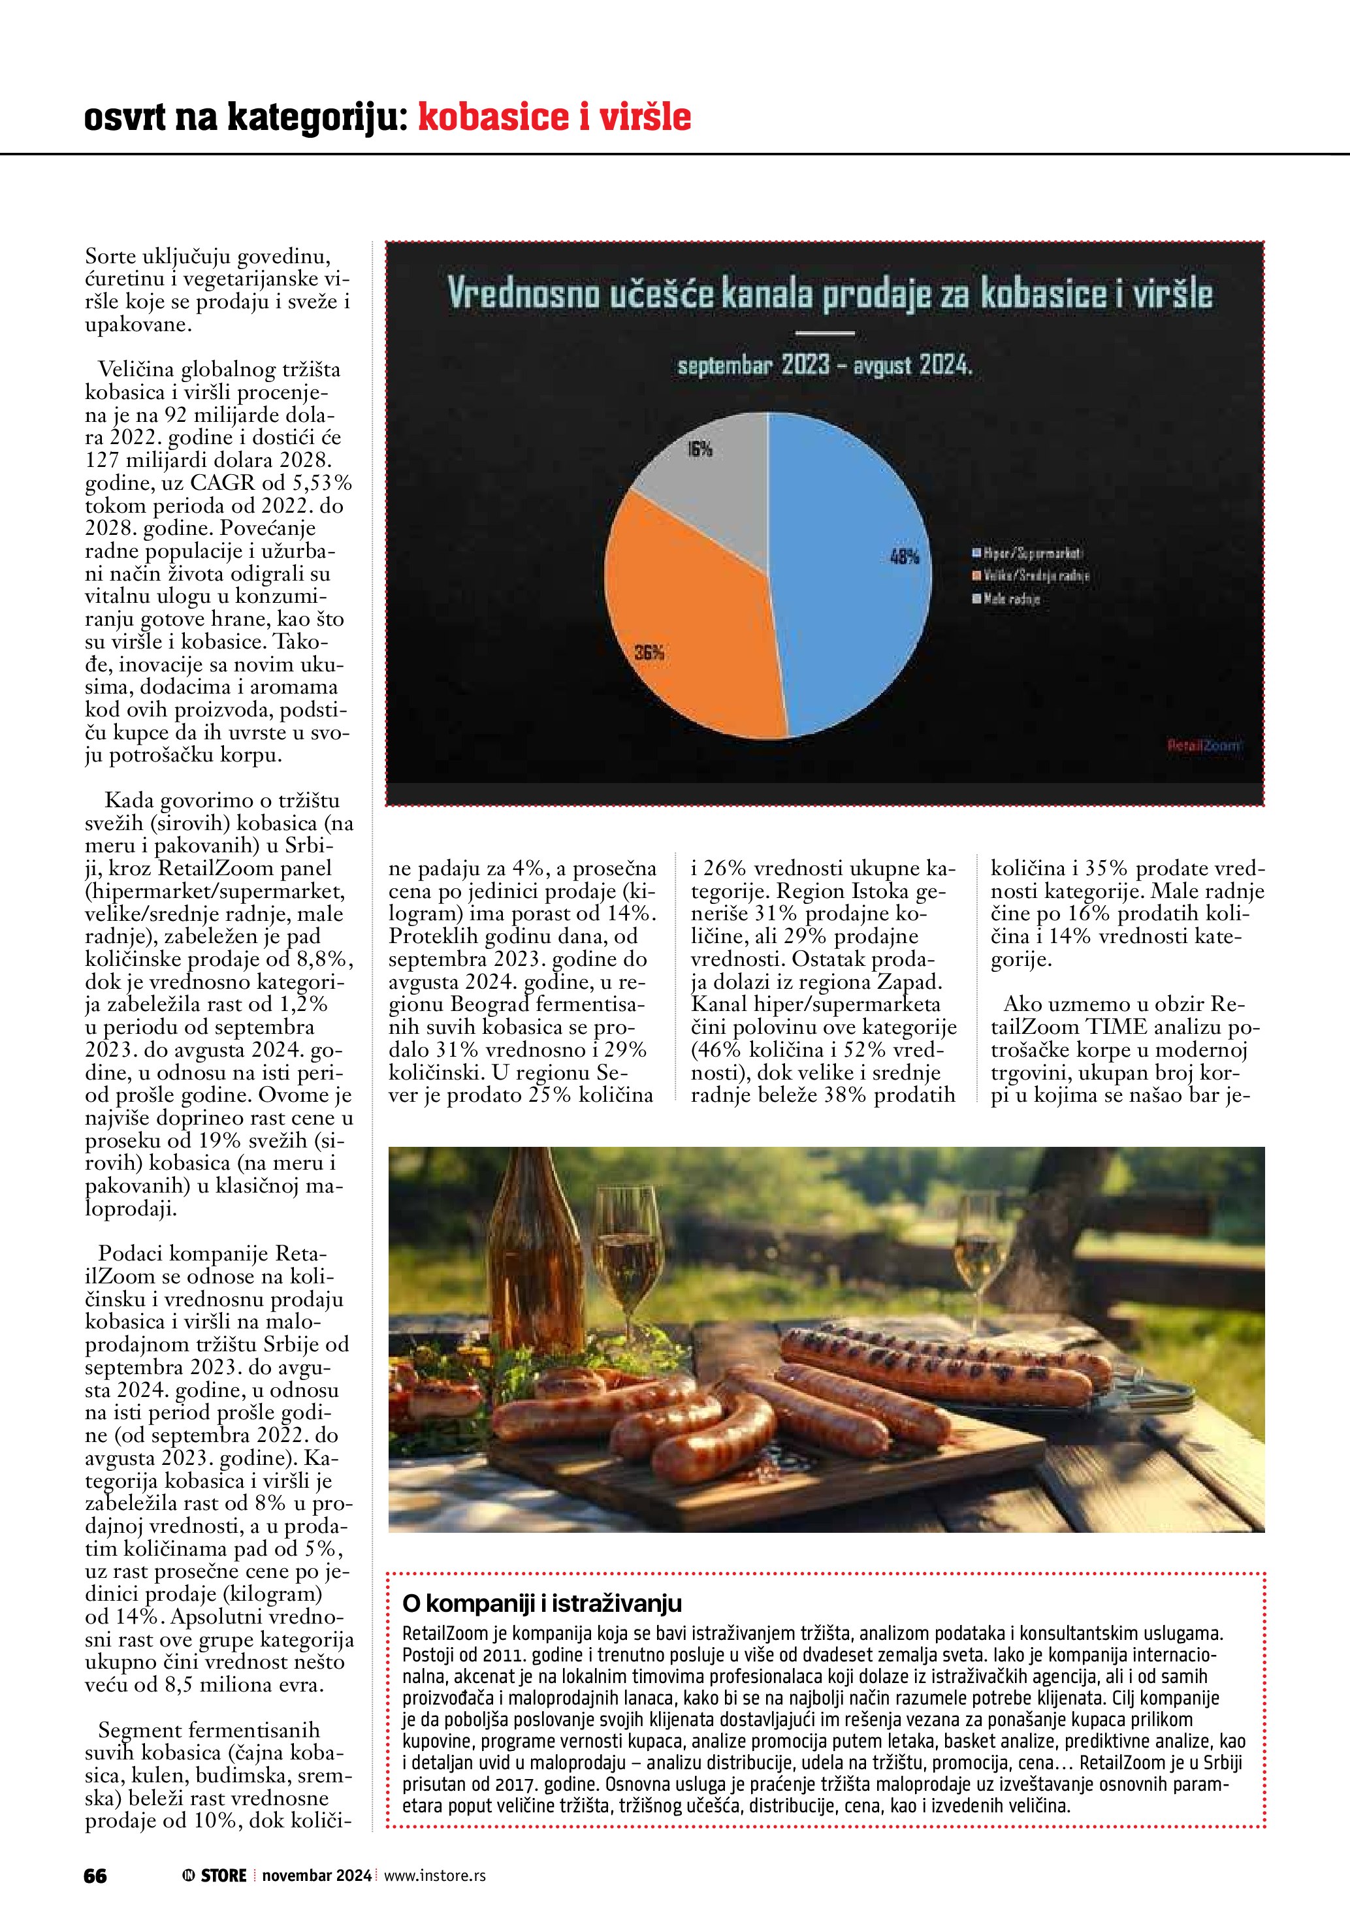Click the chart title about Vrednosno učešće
829,293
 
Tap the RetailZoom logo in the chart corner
1203,746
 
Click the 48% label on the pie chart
905,556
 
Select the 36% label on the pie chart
649,652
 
